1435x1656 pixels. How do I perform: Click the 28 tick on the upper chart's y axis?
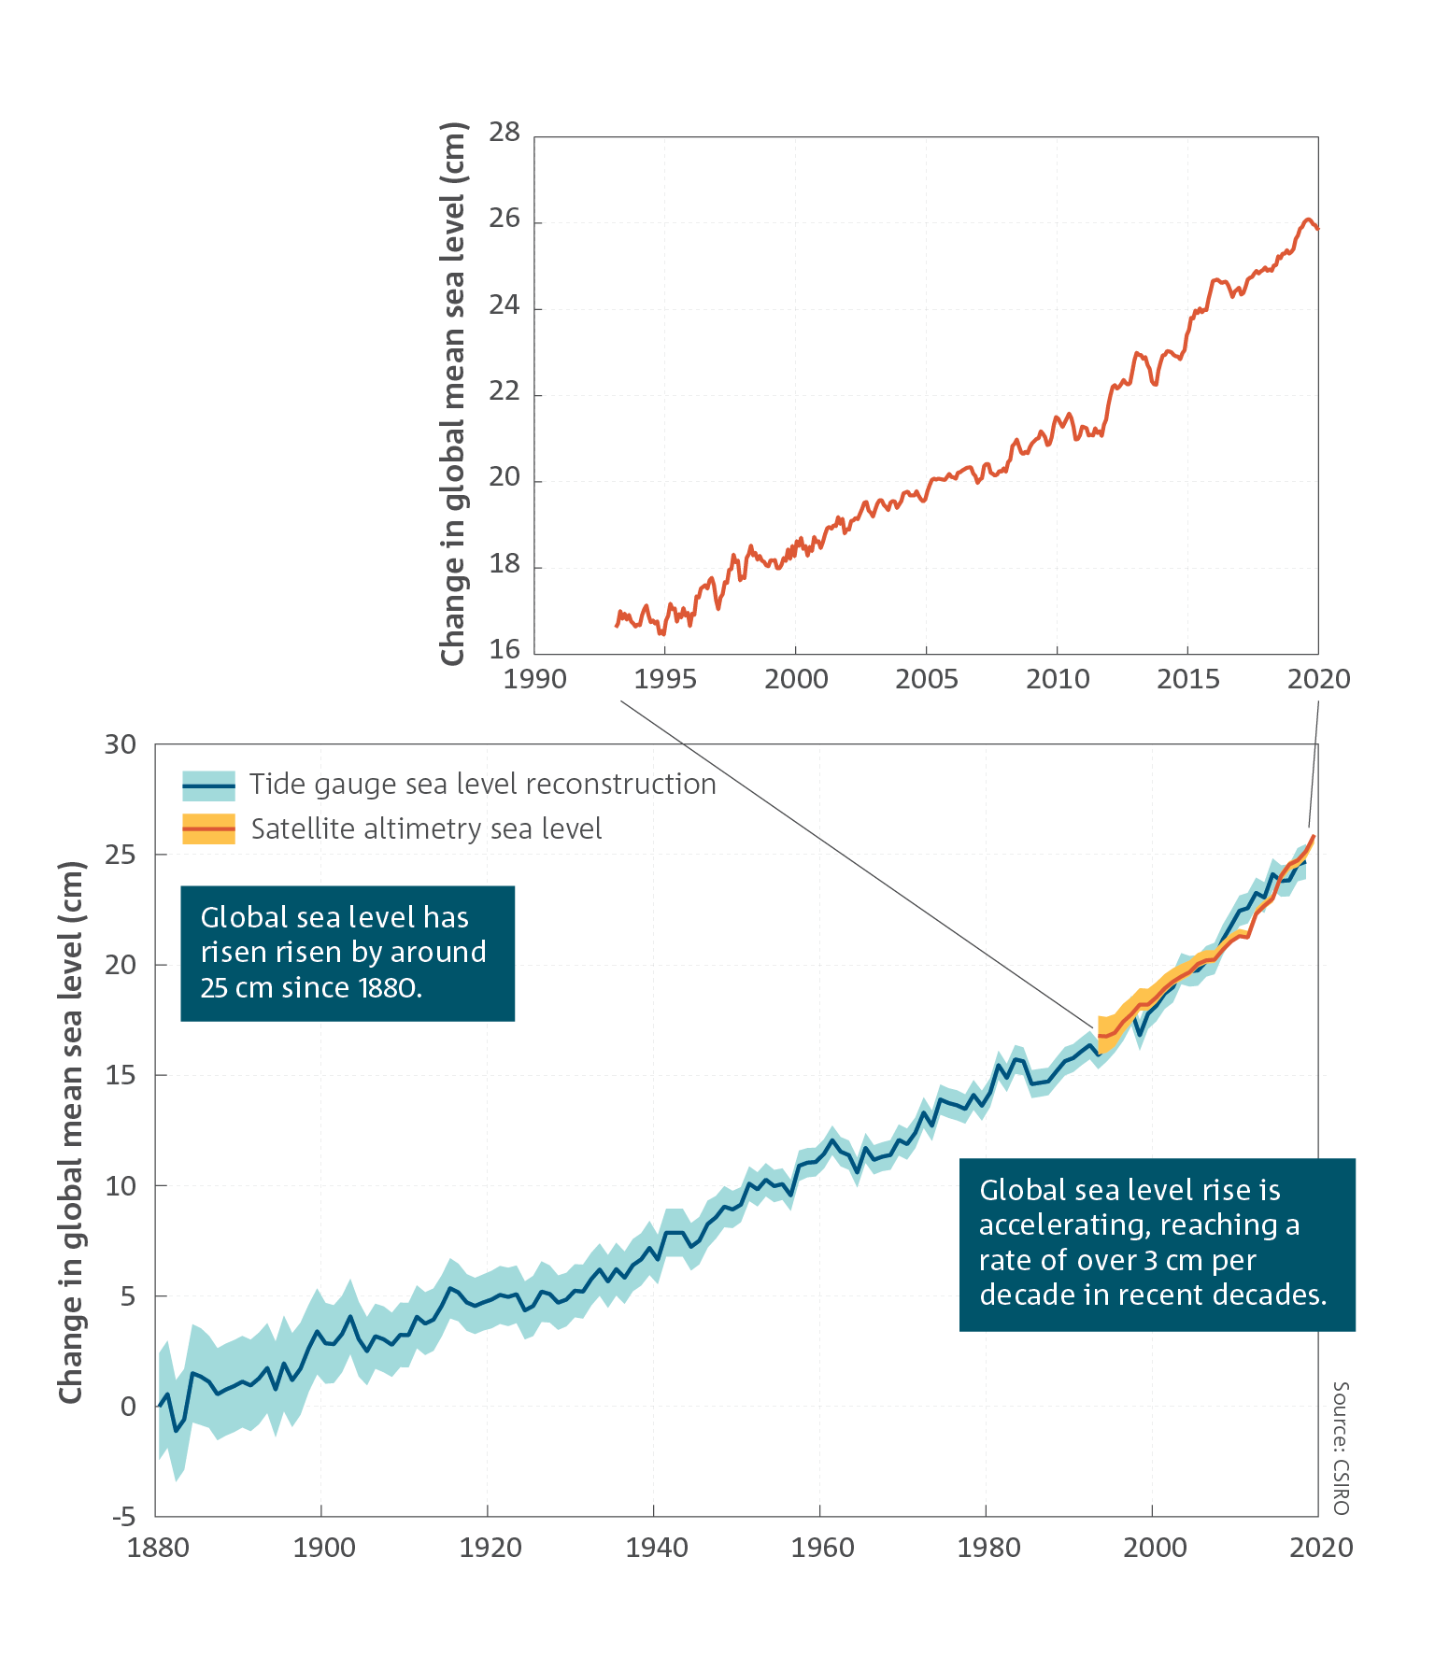pyautogui.click(x=504, y=133)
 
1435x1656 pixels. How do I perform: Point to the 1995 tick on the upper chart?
pyautogui.click(x=665, y=679)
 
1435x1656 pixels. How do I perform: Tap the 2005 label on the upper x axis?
pyautogui.click(x=927, y=679)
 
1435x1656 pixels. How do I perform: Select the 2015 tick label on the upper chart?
pyautogui.click(x=1188, y=679)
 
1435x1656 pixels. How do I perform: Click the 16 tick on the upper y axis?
pyautogui.click(x=504, y=649)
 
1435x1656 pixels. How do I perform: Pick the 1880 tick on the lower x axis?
pyautogui.click(x=158, y=1548)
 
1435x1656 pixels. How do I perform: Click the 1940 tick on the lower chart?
pyautogui.click(x=657, y=1548)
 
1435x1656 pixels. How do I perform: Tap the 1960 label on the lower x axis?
pyautogui.click(x=822, y=1548)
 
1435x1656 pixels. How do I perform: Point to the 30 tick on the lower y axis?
pyautogui.click(x=121, y=744)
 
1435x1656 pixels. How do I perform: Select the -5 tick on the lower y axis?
pyautogui.click(x=124, y=1517)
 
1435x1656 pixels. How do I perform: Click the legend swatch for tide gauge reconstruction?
pyautogui.click(x=208, y=786)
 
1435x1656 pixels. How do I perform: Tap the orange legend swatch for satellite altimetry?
pyautogui.click(x=208, y=829)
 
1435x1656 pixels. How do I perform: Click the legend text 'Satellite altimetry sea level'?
pyautogui.click(x=426, y=829)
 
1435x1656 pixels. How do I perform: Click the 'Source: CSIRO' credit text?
pyautogui.click(x=1341, y=1448)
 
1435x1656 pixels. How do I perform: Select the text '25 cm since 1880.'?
pyautogui.click(x=311, y=987)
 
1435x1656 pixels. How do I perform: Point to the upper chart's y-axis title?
pyautogui.click(x=453, y=393)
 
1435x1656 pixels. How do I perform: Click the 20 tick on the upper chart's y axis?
pyautogui.click(x=504, y=477)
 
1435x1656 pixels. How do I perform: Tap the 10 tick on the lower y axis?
pyautogui.click(x=121, y=1186)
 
